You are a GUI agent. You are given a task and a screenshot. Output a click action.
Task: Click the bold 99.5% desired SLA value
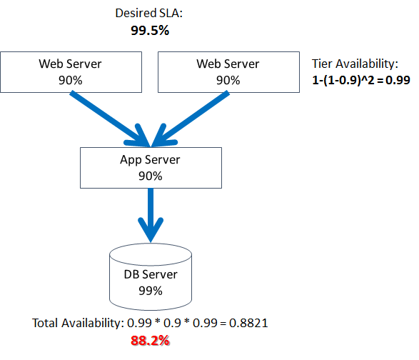pos(150,31)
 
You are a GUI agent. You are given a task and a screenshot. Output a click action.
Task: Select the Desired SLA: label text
pos(150,14)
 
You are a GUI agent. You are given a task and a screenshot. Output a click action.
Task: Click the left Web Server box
pos(70,72)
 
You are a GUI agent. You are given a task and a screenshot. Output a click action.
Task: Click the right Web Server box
pos(227,72)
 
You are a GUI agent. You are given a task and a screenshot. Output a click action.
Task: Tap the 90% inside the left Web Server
pos(70,80)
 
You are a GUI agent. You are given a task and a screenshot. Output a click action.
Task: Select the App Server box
pos(150,167)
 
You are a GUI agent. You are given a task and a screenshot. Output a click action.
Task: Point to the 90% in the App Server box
pos(150,175)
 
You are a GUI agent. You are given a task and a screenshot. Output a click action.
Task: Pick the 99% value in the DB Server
pos(150,291)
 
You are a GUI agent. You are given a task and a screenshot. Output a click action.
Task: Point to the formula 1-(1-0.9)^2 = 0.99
pos(362,80)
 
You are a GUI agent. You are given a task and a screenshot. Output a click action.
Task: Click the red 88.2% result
pos(150,341)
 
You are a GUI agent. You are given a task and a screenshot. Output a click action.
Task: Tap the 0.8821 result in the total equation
pos(250,324)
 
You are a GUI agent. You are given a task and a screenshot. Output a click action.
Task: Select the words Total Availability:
pos(78,324)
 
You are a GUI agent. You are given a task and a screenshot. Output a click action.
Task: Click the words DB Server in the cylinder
pos(150,275)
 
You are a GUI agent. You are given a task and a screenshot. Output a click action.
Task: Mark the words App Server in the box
pos(150,160)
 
